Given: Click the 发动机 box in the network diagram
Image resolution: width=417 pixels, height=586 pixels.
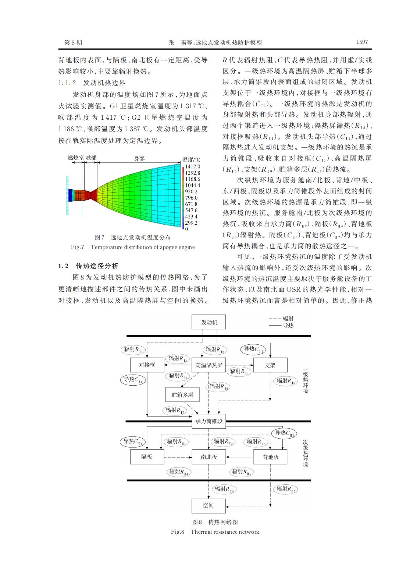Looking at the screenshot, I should tap(209, 322).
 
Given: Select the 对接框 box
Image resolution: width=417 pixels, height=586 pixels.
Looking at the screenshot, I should tap(147, 365).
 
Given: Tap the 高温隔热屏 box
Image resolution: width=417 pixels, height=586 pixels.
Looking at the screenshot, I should tap(209, 365).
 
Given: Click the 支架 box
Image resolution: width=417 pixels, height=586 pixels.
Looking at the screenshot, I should tap(270, 365).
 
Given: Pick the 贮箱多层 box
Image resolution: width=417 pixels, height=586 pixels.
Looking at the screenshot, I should tap(182, 395).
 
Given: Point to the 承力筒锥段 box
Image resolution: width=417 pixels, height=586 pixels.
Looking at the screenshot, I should tap(209, 421).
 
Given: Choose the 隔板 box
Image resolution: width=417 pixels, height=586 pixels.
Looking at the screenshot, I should tap(147, 457).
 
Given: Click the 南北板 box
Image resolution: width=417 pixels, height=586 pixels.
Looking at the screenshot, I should tap(209, 457).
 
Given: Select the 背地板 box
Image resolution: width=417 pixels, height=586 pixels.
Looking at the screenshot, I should tap(270, 457).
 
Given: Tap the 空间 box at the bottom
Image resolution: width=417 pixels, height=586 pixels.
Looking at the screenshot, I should tap(208, 505).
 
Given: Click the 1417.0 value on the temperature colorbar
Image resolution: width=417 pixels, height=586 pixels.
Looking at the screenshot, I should tap(193, 167).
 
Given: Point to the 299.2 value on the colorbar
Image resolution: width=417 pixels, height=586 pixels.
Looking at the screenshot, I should tap(191, 223).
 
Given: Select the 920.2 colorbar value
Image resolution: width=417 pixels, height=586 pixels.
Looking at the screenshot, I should tap(191, 192).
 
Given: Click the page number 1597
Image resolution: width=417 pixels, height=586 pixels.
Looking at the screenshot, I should tap(362, 42).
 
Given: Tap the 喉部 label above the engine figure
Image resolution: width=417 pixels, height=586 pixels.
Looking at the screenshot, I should tap(91, 158).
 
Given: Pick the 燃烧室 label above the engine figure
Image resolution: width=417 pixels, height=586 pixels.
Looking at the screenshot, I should tap(76, 158).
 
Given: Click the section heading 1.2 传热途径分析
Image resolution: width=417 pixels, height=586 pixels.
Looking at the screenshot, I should tap(89, 266).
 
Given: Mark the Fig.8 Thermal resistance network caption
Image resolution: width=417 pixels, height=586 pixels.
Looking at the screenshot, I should tap(215, 531).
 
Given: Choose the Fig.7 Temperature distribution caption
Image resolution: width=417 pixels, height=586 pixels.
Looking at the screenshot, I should tap(133, 247).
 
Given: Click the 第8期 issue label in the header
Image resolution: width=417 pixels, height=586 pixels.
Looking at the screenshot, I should tap(73, 43).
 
